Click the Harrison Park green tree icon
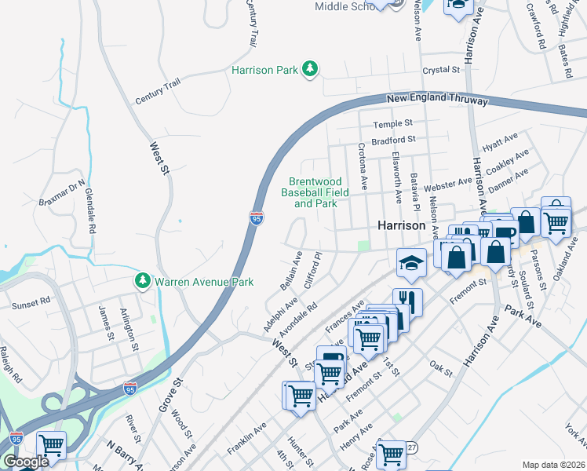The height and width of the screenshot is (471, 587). coord(311,70)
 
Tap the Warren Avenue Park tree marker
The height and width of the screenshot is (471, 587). coord(142,280)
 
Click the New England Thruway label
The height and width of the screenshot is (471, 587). coord(437,99)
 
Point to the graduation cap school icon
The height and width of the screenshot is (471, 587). coord(410,264)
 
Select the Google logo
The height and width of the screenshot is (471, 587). coord(26,462)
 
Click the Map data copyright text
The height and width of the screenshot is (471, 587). coord(554,465)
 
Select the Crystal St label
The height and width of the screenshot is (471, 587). coord(440,71)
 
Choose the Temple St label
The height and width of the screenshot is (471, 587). coord(392,124)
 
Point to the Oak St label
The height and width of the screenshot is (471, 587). coord(441,367)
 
